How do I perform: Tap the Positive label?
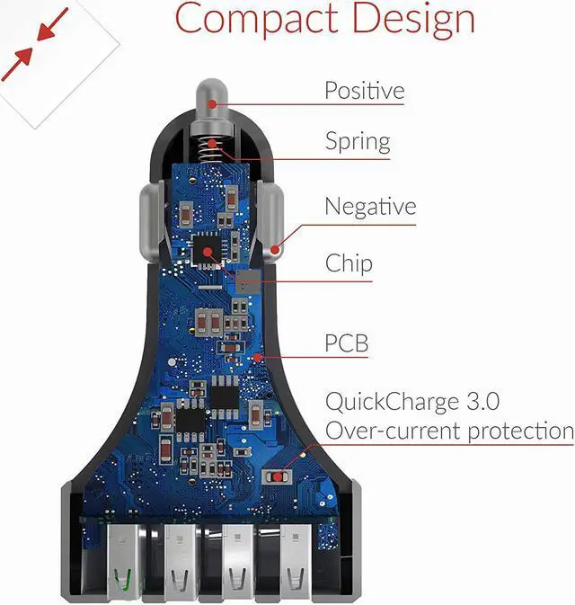coord(364,91)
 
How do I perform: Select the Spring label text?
coord(357,142)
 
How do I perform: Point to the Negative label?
coord(370,207)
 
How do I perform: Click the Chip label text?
coord(349,264)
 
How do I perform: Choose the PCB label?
coord(346,343)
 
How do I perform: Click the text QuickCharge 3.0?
coord(412,401)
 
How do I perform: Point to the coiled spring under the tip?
coord(212,147)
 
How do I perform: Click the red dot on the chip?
coord(208,251)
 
